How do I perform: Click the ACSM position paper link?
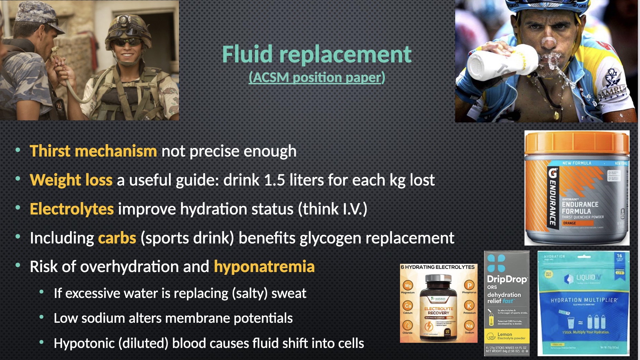(317, 78)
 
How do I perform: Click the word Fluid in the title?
(248, 54)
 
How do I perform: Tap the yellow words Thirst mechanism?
(93, 151)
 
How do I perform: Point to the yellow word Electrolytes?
(72, 209)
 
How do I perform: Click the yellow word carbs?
(117, 238)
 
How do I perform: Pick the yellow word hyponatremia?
(264, 267)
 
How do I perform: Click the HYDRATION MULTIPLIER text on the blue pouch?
(583, 300)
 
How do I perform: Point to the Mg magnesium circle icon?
(408, 286)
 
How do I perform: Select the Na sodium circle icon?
(469, 326)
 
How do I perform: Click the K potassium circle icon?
(469, 306)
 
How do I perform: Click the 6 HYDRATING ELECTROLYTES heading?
(438, 267)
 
